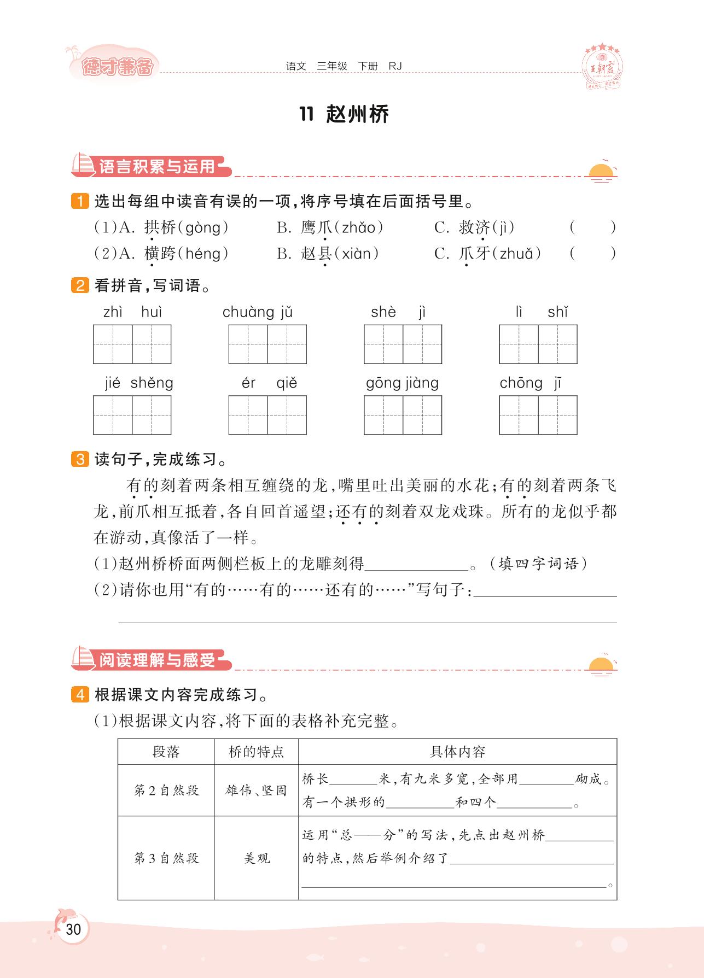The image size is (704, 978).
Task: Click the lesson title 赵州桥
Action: click(357, 114)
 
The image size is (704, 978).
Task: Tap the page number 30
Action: click(73, 929)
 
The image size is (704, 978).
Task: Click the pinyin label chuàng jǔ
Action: click(258, 312)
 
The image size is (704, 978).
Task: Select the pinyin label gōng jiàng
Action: click(403, 383)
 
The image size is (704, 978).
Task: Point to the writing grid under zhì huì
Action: click(132, 344)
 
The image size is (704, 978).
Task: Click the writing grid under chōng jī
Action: click(538, 415)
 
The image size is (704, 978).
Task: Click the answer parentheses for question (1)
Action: click(592, 227)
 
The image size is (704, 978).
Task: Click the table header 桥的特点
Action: click(256, 752)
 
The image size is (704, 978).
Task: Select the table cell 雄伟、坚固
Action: click(256, 790)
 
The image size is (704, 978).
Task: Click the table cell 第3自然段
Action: click(166, 858)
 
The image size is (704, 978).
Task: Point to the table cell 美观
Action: click(256, 858)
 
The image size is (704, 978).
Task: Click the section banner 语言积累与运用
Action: click(156, 166)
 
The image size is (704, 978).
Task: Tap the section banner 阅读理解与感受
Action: click(156, 660)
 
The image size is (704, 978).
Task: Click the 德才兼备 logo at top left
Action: click(116, 66)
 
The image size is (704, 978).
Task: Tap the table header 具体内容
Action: click(457, 752)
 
